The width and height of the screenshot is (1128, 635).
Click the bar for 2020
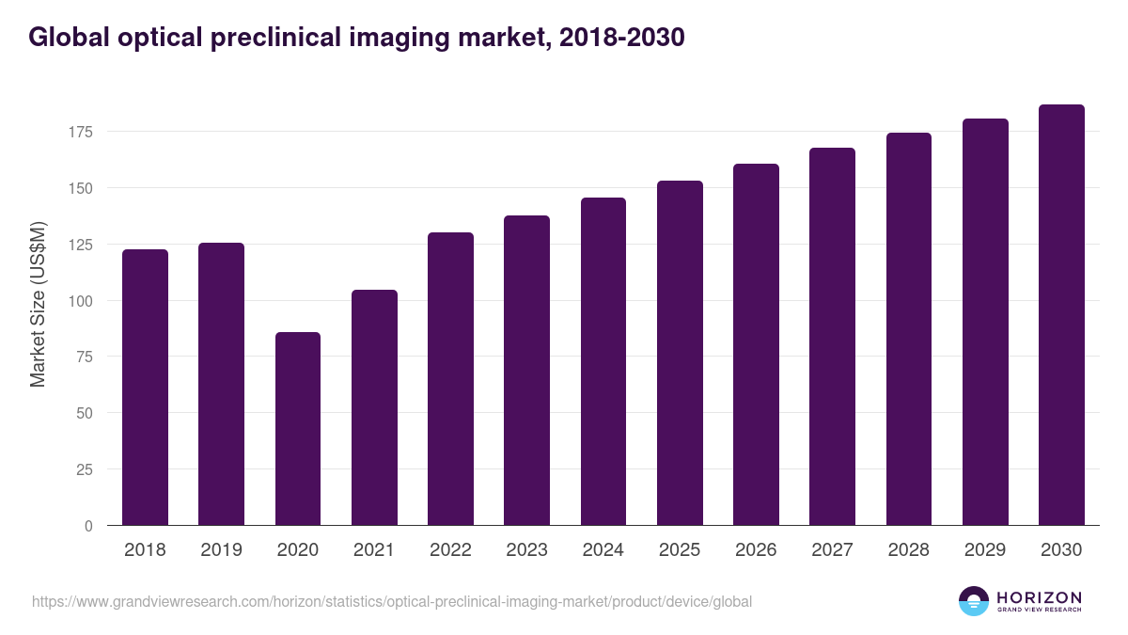(297, 429)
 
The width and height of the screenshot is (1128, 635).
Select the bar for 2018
(145, 388)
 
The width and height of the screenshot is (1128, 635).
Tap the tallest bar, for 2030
(1061, 315)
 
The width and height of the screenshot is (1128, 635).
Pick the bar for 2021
(374, 407)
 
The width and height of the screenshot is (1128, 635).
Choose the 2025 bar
(680, 353)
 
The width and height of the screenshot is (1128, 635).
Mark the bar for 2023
(526, 371)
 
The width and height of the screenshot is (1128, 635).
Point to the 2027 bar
(832, 337)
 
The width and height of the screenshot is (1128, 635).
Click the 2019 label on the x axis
(221, 550)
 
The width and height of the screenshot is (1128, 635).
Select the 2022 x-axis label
(450, 550)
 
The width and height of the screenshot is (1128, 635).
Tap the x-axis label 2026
(756, 550)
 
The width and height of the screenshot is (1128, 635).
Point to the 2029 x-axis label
(985, 550)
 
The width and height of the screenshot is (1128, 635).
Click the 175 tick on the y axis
(80, 132)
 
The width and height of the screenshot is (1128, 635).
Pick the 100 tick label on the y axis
(80, 301)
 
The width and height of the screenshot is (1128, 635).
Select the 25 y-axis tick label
(84, 469)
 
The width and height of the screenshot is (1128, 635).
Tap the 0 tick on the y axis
(88, 526)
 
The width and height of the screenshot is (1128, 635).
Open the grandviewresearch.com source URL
(392, 601)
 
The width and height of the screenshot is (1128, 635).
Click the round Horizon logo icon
(973, 601)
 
